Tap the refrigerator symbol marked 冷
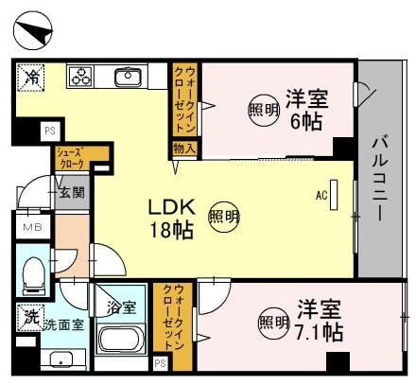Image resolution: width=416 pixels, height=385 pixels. pyautogui.click(x=32, y=77)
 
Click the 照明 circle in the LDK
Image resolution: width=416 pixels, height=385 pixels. pyautogui.click(x=224, y=216)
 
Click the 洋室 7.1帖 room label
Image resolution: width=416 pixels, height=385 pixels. pyautogui.click(x=318, y=320)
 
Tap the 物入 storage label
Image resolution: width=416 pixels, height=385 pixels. pyautogui.click(x=183, y=149)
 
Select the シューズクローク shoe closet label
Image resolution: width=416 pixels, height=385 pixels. pyautogui.click(x=71, y=157)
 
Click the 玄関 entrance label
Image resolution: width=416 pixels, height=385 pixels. pyautogui.click(x=72, y=193)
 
